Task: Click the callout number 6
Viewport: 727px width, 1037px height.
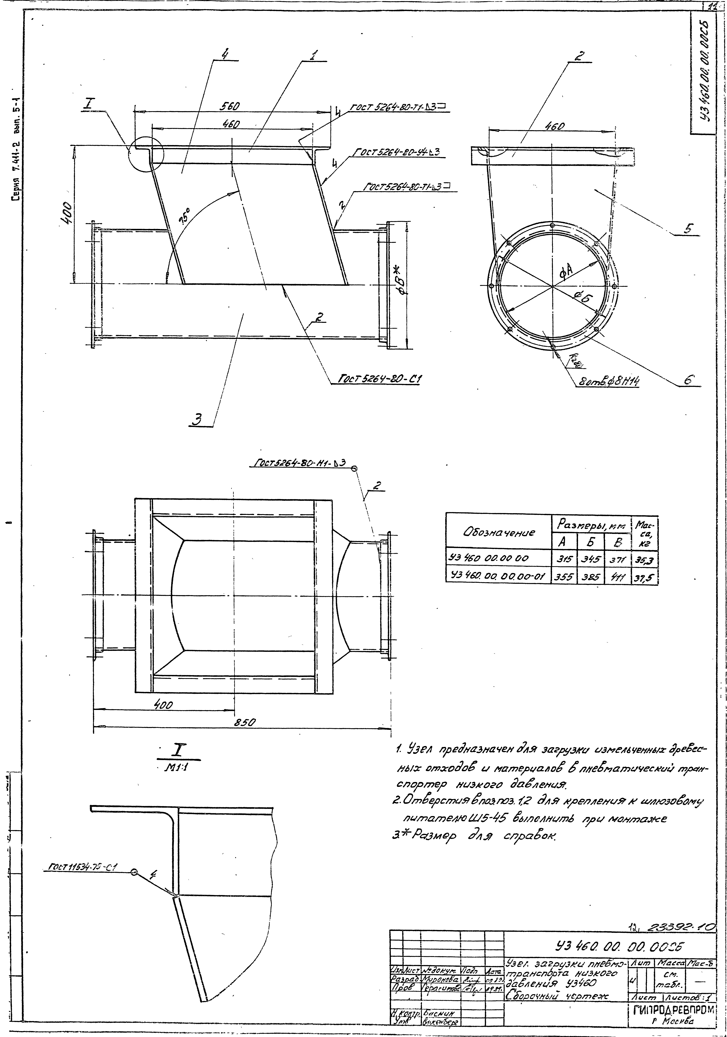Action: (687, 381)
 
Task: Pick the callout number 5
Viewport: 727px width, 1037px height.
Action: (687, 228)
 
